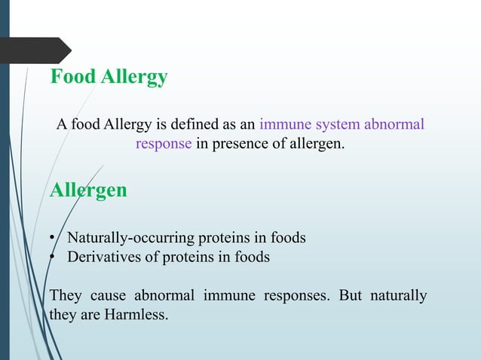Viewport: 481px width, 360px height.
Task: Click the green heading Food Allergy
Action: [109, 78]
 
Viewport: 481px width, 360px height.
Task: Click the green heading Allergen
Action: [88, 190]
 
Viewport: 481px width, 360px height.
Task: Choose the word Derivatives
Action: [102, 257]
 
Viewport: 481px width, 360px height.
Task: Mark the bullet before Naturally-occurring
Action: [53, 239]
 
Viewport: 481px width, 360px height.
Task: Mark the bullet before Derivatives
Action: [53, 258]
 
